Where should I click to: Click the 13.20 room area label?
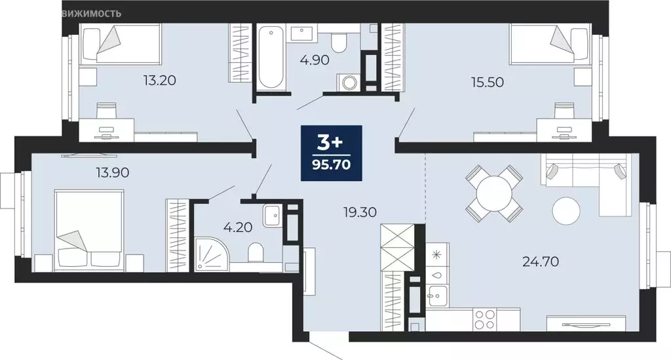coord(161,81)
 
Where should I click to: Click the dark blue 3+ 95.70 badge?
coord(332,152)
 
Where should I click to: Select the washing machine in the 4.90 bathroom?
coord(349,83)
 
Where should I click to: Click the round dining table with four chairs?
coord(494,193)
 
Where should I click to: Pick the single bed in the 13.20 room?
coord(119,44)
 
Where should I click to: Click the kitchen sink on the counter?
coord(437,293)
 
